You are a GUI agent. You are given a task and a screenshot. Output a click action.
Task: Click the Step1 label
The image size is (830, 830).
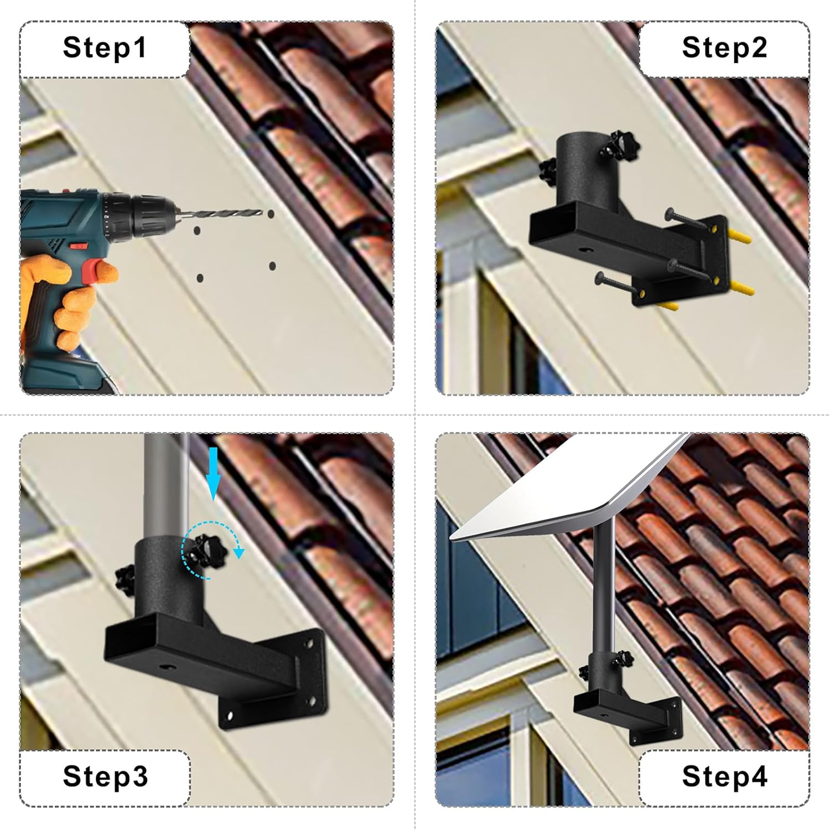coord(105,47)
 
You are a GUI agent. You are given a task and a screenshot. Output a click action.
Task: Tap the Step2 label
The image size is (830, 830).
coord(724,47)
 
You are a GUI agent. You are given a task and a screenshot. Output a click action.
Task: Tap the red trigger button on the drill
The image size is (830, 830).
coord(94,269)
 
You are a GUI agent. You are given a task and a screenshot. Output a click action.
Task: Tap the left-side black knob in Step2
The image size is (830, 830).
coord(548,170)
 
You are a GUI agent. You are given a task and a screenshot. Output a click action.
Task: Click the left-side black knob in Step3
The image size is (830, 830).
coord(124,579)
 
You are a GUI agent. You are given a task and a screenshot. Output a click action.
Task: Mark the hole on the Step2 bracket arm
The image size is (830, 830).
coord(584,250)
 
